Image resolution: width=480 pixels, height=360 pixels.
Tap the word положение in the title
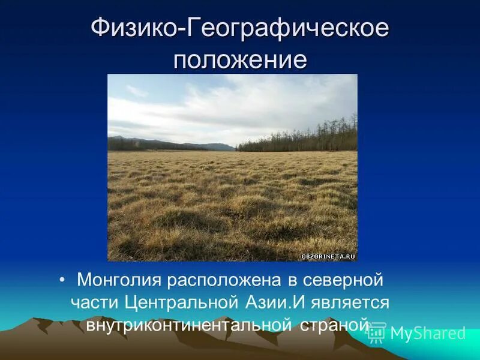tap(240, 60)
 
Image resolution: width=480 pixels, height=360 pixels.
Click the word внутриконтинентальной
tap(188, 325)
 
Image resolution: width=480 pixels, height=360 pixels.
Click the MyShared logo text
tap(427, 334)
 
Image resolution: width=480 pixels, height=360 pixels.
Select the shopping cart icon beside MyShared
tap(377, 332)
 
